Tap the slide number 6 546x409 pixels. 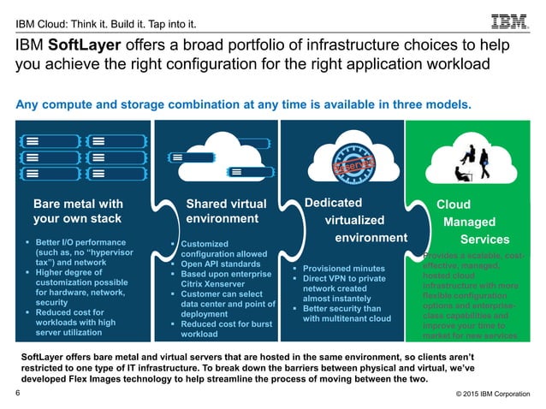coord(18,393)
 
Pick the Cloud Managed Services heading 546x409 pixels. coord(467,222)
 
